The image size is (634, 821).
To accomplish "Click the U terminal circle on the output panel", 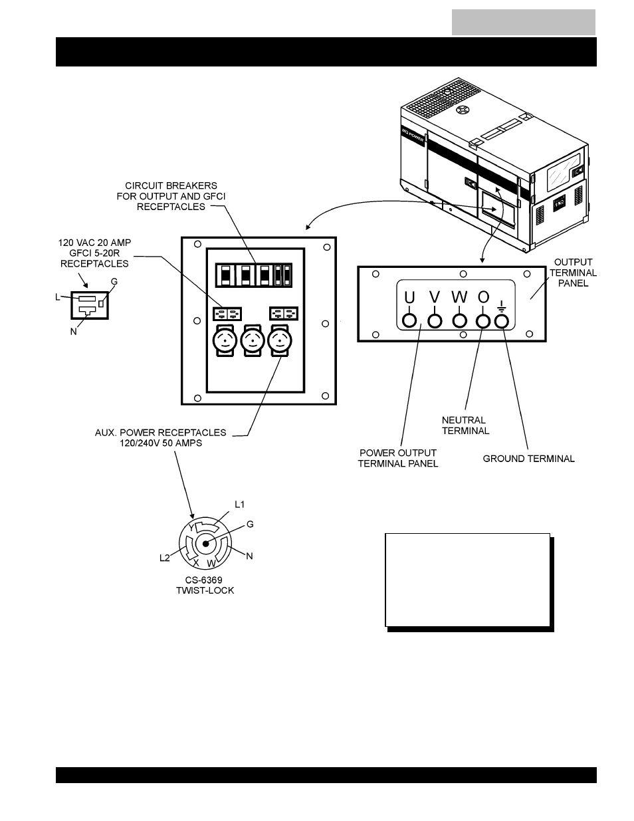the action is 409,321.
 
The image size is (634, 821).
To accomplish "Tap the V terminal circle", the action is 435,321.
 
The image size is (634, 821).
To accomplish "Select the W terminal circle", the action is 459,321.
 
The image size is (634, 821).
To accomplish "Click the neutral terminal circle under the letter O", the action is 483,321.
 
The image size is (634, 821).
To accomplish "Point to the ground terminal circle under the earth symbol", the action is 502,322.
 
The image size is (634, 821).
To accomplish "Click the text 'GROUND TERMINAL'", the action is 528,459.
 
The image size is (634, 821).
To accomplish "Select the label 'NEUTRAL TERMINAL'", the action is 465,425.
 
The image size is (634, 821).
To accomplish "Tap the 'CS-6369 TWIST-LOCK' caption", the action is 205,585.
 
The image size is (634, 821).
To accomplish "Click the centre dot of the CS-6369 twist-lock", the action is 205,544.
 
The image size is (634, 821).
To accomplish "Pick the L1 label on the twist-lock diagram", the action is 240,505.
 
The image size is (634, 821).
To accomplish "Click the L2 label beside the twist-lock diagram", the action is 165,558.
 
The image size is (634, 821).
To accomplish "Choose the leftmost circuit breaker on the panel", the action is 225,275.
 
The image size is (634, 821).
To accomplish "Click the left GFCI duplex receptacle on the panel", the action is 227,314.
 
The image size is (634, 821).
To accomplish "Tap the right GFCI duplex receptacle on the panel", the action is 284,313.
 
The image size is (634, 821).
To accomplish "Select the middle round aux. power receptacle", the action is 253,340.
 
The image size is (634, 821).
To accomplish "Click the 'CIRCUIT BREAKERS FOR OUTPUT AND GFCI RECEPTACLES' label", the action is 171,196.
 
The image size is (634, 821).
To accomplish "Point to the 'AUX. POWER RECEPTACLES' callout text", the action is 160,433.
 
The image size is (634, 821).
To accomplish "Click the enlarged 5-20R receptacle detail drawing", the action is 90,305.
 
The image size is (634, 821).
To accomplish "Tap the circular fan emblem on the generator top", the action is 462,110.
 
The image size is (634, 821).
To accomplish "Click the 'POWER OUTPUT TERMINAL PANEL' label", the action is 398,458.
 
